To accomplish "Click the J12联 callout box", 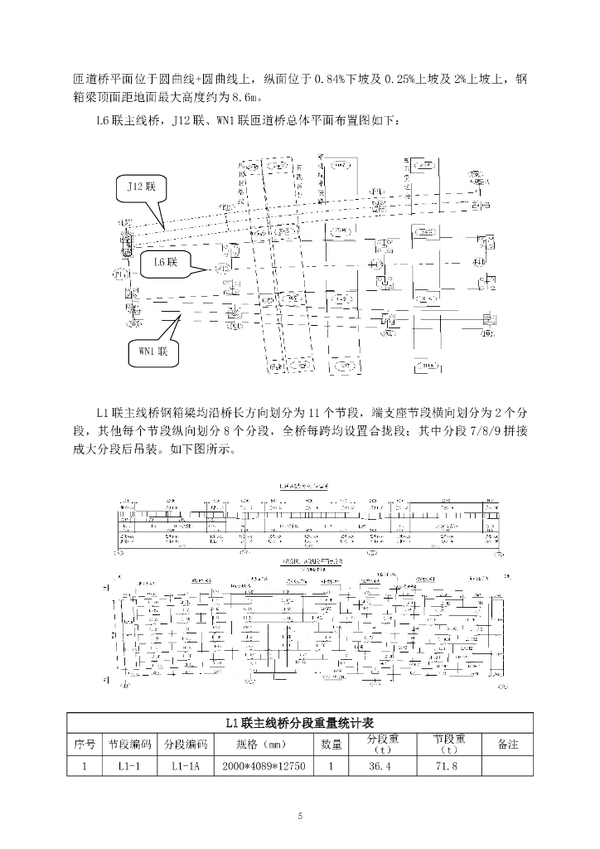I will click(141, 187).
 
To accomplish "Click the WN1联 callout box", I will click(153, 351).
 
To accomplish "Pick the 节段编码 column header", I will click(128, 744).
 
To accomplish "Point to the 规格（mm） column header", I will click(264, 744).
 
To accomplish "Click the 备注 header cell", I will click(507, 744).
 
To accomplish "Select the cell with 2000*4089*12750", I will click(264, 767).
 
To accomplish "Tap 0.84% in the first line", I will click(330, 80).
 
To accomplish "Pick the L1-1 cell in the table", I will click(128, 767).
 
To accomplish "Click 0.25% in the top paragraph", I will click(407, 80).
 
